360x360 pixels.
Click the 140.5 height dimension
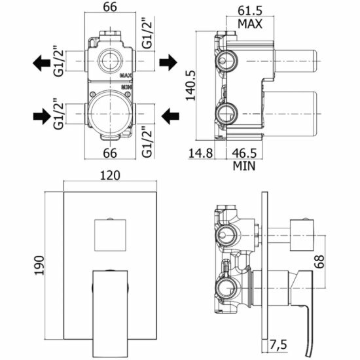coord(190,85)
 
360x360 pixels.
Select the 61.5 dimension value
coord(249,10)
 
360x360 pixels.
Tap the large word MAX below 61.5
coord(250,24)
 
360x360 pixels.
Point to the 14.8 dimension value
coord(200,153)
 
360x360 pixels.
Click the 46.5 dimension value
coord(244,153)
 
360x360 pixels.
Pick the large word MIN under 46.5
coord(244,166)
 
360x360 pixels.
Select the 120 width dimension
coord(110,175)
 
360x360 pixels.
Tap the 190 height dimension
coord(39,265)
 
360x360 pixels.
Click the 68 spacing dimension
coord(319,262)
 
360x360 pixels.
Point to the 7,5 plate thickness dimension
coord(278,345)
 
